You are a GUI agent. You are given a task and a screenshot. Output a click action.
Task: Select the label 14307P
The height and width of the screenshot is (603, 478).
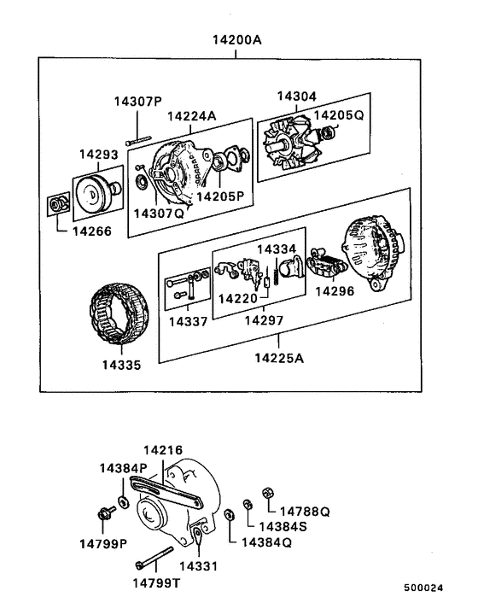coord(137,102)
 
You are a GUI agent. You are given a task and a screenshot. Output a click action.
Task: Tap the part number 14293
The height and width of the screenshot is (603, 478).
coord(97,155)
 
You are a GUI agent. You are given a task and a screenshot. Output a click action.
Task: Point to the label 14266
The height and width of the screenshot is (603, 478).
coord(90,230)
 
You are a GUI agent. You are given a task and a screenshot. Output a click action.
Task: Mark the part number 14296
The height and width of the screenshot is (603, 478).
coord(335,291)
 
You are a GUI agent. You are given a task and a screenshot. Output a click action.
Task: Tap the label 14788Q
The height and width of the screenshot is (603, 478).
coord(304,511)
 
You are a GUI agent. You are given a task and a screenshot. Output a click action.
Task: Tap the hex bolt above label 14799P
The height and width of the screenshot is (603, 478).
coord(106,513)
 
